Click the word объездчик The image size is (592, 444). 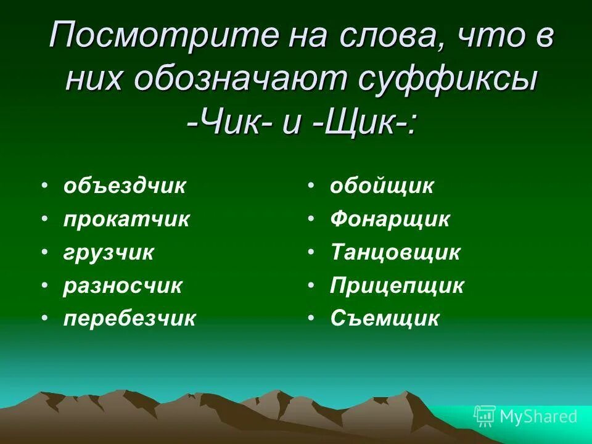124,186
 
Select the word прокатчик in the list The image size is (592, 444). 126,220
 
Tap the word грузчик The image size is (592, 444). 109,253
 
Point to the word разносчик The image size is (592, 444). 123,286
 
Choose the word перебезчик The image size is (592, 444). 129,319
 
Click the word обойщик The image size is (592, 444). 382,186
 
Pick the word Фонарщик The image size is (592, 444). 390,220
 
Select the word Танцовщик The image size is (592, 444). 395,253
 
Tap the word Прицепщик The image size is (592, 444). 397,286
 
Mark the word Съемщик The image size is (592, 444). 385,319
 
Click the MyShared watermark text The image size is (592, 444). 538,417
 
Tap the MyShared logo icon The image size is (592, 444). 484,417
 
